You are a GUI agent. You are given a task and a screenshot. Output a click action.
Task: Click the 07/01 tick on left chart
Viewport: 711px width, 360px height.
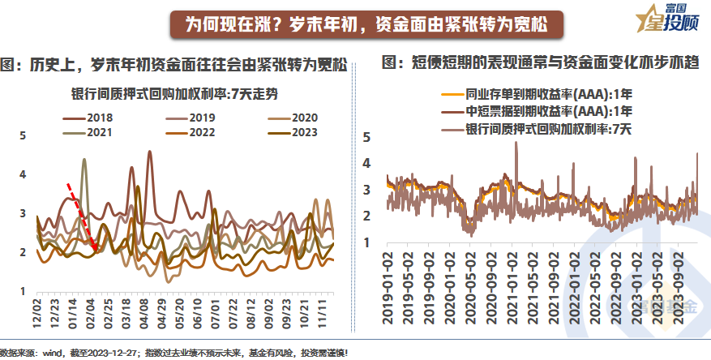216,311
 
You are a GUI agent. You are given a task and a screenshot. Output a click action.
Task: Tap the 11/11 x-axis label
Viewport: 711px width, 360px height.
324,311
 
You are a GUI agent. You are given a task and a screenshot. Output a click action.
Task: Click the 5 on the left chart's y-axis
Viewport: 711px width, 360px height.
23,135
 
